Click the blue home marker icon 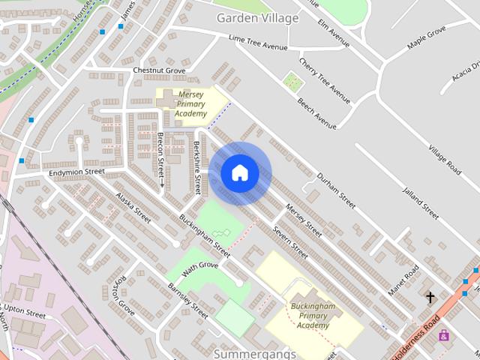[239, 173]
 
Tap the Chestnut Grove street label [159, 70]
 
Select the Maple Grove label [426, 37]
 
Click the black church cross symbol [430, 298]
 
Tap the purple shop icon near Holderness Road [444, 334]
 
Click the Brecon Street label [160, 154]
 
